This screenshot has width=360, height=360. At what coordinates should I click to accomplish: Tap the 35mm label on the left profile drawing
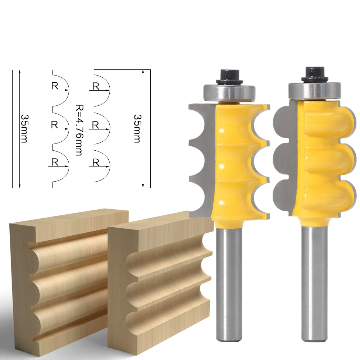24,128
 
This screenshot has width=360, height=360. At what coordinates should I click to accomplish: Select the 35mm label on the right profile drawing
137,128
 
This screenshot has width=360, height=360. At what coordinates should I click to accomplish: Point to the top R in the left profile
55,86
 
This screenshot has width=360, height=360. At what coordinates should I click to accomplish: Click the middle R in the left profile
55,124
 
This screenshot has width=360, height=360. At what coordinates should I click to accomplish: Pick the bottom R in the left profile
55,162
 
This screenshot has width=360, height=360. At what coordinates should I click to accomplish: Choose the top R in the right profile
96,86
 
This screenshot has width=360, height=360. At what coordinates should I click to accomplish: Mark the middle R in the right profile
96,124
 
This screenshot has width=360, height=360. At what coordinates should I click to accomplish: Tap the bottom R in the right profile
96,162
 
